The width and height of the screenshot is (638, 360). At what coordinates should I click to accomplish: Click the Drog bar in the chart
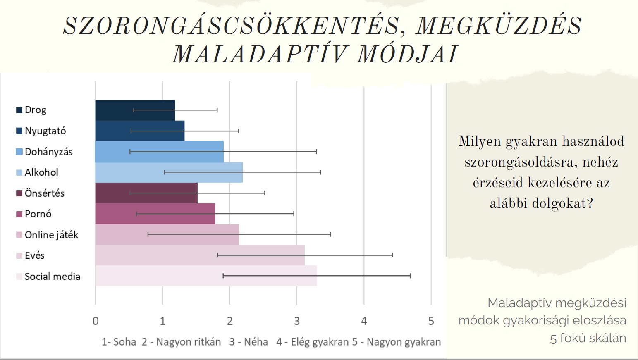tap(135, 110)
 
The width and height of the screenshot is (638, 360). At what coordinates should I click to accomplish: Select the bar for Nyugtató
tap(140, 131)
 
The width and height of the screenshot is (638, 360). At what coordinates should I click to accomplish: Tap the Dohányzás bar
tap(159, 152)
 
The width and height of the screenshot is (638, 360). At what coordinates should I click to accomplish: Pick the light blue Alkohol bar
tap(169, 172)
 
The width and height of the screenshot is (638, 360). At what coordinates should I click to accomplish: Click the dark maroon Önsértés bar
tap(146, 193)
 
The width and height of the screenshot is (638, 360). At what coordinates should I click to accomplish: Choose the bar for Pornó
tap(155, 214)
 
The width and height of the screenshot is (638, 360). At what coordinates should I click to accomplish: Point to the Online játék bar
tap(167, 234)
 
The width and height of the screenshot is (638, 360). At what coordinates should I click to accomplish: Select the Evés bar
tap(200, 255)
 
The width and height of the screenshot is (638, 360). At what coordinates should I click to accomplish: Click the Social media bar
tap(206, 276)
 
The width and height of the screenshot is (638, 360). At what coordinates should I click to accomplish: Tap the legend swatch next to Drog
tap(19, 110)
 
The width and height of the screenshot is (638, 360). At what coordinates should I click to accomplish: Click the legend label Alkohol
tap(42, 172)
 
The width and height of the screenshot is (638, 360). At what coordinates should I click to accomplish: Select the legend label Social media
tap(53, 276)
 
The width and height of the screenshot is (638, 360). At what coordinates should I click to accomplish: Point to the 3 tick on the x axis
tap(297, 321)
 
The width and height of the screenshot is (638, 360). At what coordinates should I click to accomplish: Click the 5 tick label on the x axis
tap(431, 321)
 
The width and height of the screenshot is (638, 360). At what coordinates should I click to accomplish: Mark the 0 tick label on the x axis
tap(96, 321)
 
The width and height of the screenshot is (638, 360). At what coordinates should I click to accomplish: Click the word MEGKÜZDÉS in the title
tap(498, 26)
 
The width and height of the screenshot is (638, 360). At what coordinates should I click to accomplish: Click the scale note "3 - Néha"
tap(249, 341)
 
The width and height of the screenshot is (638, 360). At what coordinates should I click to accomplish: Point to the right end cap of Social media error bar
tap(411, 276)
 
